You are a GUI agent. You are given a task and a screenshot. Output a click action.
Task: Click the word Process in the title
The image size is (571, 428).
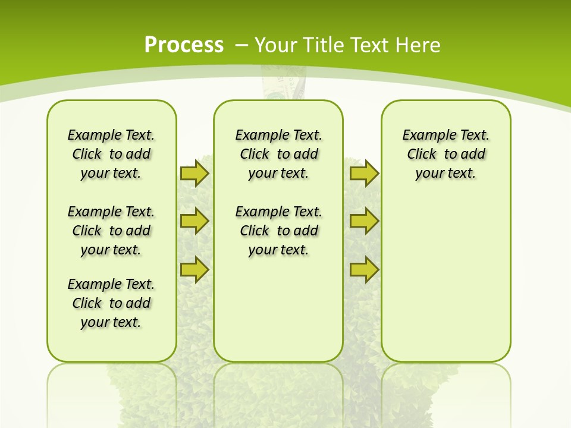pos(184,45)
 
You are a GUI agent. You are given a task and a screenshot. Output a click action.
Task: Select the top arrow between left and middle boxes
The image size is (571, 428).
pos(194,173)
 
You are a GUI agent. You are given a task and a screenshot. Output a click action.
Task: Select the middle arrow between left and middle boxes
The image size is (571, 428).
pos(194,221)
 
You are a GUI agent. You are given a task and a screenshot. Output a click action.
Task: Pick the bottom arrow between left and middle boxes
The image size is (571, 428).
pos(194,270)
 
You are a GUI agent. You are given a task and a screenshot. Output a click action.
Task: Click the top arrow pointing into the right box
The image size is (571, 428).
pos(364,173)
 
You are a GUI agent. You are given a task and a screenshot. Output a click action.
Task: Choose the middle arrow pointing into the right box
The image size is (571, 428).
pos(364,221)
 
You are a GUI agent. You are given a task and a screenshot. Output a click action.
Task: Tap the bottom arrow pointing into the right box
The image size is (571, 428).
pos(364,270)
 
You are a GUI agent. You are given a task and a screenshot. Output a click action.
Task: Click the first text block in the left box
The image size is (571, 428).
pos(111,154)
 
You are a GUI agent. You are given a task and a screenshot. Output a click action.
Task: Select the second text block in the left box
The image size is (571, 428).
pos(111,231)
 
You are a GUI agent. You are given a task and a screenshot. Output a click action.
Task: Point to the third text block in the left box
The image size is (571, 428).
pos(111,303)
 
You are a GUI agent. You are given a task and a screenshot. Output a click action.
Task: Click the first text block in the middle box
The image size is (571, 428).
pos(278,154)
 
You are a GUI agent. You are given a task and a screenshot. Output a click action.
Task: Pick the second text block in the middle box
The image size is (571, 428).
pos(278,231)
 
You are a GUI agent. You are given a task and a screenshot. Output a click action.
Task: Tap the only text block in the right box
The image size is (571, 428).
pos(445,154)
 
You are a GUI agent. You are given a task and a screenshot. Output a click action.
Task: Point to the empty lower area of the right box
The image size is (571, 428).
pos(445,279)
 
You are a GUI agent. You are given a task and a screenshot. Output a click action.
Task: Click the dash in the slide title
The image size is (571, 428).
pos(241,45)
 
